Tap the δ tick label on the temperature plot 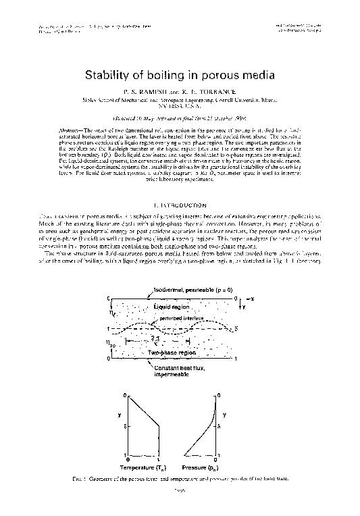tap(126, 425)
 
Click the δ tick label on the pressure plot tap(234, 425)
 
